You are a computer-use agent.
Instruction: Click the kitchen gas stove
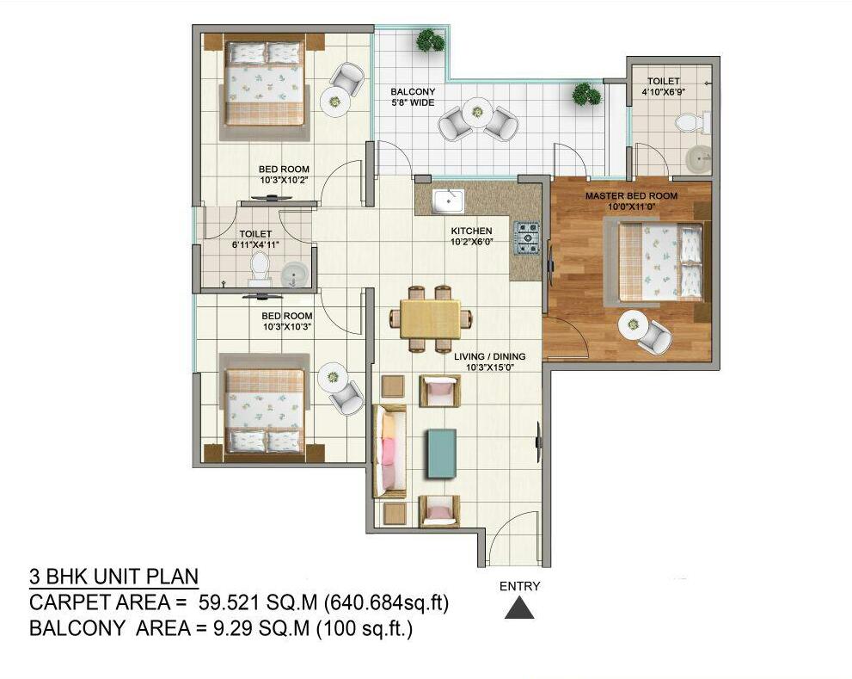point(526,238)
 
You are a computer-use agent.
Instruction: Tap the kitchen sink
point(448,202)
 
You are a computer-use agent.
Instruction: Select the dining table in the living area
point(431,319)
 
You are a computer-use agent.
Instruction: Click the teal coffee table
point(441,454)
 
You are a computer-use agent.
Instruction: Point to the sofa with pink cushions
point(389,451)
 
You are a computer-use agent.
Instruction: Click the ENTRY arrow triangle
point(519,608)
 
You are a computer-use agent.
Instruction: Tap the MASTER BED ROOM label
point(631,195)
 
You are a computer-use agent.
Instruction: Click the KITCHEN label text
point(471,231)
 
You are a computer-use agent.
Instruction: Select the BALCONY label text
point(413,92)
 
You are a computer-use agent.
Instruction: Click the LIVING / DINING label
point(489,356)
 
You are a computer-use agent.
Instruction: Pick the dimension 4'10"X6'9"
point(663,92)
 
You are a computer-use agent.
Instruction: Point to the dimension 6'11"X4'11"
point(255,244)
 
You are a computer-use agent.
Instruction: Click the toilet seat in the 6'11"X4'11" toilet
point(259,266)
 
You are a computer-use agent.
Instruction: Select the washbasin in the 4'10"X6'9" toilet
point(699,159)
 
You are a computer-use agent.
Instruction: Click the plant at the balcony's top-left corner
point(431,40)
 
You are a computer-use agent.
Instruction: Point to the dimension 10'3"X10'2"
point(284,180)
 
